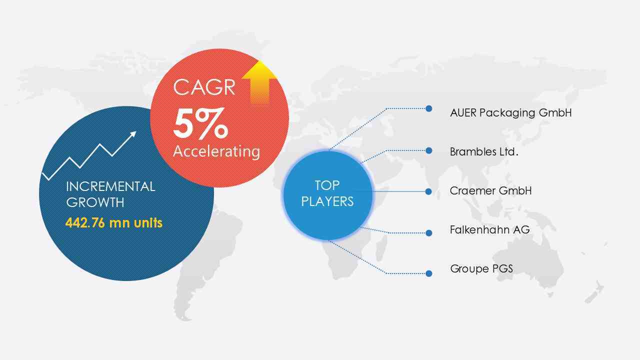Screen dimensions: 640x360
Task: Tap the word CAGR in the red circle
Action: (204, 87)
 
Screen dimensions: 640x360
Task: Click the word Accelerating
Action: (216, 151)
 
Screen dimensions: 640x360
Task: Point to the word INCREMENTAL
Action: (110, 187)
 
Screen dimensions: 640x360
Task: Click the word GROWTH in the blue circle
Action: (95, 202)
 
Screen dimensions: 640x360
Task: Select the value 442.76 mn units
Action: (114, 223)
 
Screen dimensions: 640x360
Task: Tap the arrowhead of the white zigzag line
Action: (133, 134)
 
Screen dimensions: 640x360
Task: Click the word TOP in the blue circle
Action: (327, 185)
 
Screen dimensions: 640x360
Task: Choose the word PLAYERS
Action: (327, 201)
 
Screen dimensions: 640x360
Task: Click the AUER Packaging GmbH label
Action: (511, 113)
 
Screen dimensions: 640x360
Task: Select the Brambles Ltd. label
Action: (484, 151)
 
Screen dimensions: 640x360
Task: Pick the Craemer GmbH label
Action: (490, 191)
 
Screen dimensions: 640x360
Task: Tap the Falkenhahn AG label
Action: (489, 229)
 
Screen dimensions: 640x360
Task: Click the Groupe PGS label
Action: (481, 269)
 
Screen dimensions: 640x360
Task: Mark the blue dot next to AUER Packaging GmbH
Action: (428, 108)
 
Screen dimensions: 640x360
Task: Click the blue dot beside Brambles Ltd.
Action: (428, 150)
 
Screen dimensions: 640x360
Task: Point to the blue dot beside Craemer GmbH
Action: (428, 191)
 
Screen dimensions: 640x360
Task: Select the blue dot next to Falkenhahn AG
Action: (428, 233)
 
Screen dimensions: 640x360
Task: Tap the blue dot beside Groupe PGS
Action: (428, 273)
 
